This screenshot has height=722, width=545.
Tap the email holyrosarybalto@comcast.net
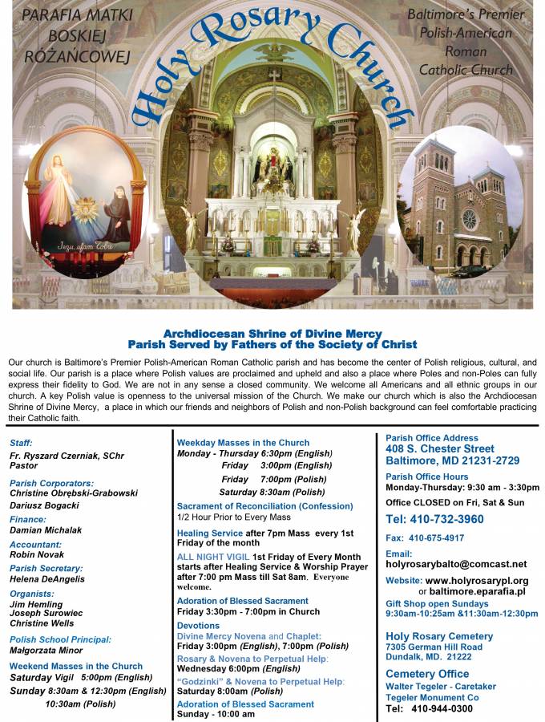coord(456,564)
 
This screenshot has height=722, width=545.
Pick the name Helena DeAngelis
coord(47,578)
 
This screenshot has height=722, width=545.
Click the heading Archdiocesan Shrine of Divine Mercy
coord(272,334)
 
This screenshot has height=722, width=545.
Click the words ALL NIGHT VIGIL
coord(212,557)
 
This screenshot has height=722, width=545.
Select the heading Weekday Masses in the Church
coord(243,443)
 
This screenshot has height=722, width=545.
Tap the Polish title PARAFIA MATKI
coord(66,15)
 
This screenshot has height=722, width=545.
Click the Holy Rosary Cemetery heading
coord(439,636)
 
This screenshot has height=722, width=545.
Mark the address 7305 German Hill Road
coord(434,647)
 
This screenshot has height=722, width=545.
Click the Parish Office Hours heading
coord(427,477)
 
